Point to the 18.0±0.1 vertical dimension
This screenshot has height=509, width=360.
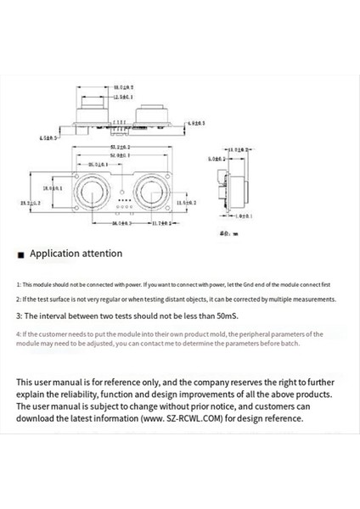(53, 187)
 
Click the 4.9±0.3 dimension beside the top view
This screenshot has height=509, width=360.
(197, 123)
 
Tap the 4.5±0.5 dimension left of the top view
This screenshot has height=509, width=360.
(48, 138)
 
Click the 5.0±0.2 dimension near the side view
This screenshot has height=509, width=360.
(217, 158)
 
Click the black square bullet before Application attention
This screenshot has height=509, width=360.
(20, 255)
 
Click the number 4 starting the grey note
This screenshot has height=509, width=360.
(19, 334)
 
